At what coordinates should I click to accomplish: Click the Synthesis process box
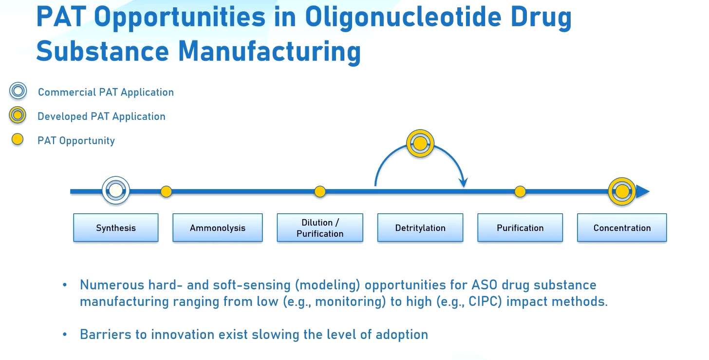[116, 227]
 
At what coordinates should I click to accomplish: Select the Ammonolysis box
[218, 227]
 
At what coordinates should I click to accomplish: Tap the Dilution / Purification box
[320, 227]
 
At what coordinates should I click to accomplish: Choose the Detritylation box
[420, 227]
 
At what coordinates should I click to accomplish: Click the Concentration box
[622, 227]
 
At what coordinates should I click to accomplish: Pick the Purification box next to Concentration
[520, 227]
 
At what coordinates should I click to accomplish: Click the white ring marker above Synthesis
[116, 190]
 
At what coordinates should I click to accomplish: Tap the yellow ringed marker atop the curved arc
[420, 143]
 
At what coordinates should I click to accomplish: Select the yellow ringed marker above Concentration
[622, 191]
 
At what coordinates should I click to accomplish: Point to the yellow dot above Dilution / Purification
[320, 191]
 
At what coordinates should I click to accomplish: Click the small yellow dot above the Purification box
[520, 191]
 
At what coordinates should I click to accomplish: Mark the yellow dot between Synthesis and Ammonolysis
[166, 191]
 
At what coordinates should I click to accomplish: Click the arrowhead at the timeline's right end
[643, 191]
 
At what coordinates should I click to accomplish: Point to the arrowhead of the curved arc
[464, 183]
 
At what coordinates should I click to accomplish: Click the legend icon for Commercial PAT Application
[18, 91]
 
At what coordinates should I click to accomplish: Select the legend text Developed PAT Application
[101, 116]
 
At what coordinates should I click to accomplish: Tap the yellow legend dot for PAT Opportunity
[18, 140]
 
